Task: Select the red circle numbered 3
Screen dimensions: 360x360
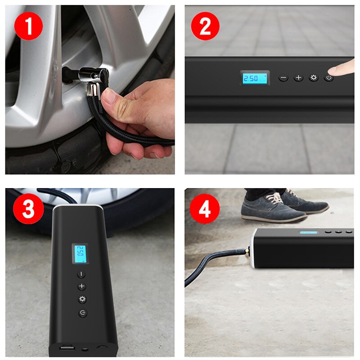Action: point(28,210)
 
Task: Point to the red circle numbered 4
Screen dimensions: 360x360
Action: point(205,209)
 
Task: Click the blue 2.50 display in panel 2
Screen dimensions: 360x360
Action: point(254,78)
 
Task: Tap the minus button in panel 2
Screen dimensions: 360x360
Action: point(283,78)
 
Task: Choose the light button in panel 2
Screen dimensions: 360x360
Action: point(313,78)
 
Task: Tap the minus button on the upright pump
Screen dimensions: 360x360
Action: point(81,274)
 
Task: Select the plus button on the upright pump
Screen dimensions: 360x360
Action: point(81,287)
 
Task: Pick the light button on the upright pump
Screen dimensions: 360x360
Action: point(82,299)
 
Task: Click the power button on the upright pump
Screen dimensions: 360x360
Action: point(82,313)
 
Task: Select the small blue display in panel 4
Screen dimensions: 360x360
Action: point(308,233)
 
